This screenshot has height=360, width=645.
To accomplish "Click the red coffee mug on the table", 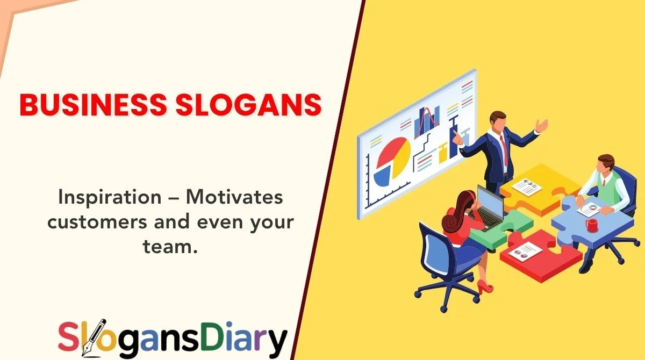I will (592, 225).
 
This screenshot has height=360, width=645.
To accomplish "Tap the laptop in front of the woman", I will (489, 207).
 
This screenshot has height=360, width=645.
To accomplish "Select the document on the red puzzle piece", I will (527, 250).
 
